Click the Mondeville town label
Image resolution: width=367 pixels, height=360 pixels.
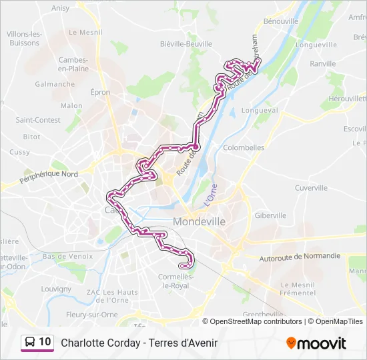(199, 221)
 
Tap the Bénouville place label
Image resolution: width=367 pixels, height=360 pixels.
(281, 21)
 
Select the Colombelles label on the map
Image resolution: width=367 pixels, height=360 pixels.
(244, 148)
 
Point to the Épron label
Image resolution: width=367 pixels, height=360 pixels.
(100, 93)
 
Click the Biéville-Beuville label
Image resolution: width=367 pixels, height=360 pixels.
(186, 44)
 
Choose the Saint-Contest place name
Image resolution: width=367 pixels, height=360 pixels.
(38, 120)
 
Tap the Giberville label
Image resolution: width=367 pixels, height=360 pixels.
(270, 215)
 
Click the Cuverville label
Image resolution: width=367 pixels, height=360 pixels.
(311, 188)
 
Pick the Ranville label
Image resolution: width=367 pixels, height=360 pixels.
(323, 64)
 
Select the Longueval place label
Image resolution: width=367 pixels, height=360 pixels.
(259, 111)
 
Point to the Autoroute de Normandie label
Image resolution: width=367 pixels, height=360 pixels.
(300, 256)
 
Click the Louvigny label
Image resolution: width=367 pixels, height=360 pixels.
(56, 289)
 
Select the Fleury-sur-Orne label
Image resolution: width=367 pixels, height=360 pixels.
(92, 315)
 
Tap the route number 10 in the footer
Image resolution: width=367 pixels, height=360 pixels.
(45, 342)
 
